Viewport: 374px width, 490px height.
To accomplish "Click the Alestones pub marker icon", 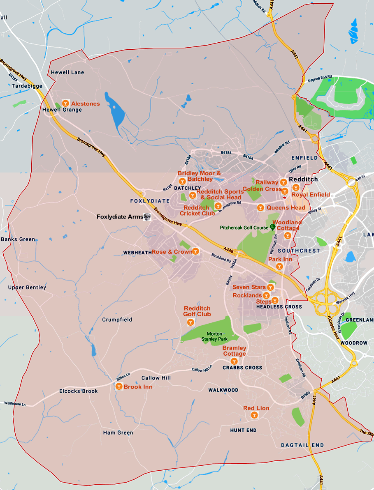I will (x=65, y=103).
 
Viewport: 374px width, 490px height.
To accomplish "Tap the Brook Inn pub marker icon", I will (x=119, y=386).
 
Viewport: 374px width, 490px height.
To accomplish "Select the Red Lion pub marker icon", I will (x=254, y=416).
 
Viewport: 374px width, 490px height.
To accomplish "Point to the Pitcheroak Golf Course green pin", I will (x=272, y=227).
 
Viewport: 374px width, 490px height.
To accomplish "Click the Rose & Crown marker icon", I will (x=196, y=251).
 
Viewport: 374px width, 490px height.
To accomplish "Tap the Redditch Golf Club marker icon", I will (x=190, y=323).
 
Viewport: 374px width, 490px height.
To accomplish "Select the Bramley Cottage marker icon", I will (x=234, y=361).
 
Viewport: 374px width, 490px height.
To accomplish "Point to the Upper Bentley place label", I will (x=27, y=288).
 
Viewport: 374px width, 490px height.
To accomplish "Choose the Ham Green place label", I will (x=118, y=432).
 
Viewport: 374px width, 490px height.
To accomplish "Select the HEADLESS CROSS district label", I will (x=279, y=307).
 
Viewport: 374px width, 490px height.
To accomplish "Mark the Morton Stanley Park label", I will (x=214, y=336).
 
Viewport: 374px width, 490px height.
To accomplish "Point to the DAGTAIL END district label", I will (x=302, y=445).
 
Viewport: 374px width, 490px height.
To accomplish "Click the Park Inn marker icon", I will (x=279, y=266).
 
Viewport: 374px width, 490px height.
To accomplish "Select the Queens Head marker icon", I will (x=260, y=208).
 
